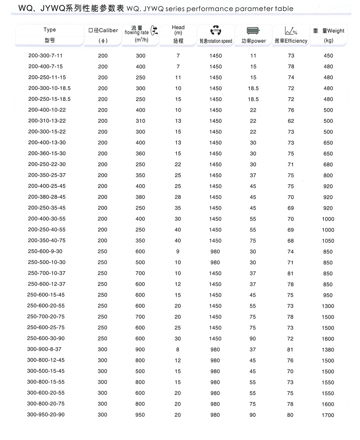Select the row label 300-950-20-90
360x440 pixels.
pyautogui.click(x=46, y=415)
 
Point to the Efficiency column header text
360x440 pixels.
pyautogui.click(x=291, y=41)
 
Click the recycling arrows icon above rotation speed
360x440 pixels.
pyautogui.click(x=215, y=30)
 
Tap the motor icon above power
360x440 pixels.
pyautogui.click(x=253, y=30)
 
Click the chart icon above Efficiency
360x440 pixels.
pyautogui.click(x=290, y=30)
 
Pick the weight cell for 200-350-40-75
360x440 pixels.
pyautogui.click(x=328, y=241)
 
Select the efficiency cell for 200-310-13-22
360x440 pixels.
pyautogui.click(x=291, y=121)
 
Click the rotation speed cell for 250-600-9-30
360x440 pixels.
pyautogui.click(x=215, y=252)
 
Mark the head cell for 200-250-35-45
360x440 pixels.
pyautogui.click(x=178, y=208)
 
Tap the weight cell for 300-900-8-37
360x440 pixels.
pyautogui.click(x=328, y=350)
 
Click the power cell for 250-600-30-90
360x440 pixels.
pyautogui.click(x=253, y=338)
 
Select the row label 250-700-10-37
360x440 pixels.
pyautogui.click(x=46, y=273)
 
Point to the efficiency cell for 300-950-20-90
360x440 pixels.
pyautogui.click(x=290, y=415)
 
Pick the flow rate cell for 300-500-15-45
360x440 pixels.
pyautogui.click(x=140, y=371)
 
